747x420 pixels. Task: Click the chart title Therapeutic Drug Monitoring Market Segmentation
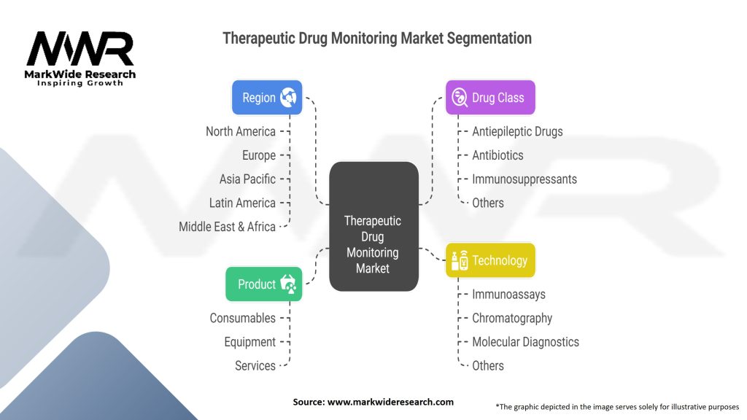[x=377, y=38]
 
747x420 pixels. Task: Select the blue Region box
[x=267, y=98]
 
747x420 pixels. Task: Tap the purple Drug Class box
[x=490, y=98]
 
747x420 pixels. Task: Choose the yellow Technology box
[x=490, y=260]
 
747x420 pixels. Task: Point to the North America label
[x=241, y=131]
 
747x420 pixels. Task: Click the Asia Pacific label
[x=247, y=179]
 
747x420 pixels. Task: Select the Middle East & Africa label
[x=228, y=227]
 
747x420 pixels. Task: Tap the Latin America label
[x=242, y=203]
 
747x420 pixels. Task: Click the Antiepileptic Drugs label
[x=517, y=131]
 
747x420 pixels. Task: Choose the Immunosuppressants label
[x=524, y=179]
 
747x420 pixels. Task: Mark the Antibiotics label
[x=498, y=155]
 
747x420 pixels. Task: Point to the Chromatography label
[x=511, y=318]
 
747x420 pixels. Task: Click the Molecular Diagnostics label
[x=525, y=342]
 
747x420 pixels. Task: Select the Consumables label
[x=243, y=318]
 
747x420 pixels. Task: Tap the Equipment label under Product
[x=249, y=342]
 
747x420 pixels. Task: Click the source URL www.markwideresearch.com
[x=390, y=402]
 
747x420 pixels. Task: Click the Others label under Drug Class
[x=487, y=203]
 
